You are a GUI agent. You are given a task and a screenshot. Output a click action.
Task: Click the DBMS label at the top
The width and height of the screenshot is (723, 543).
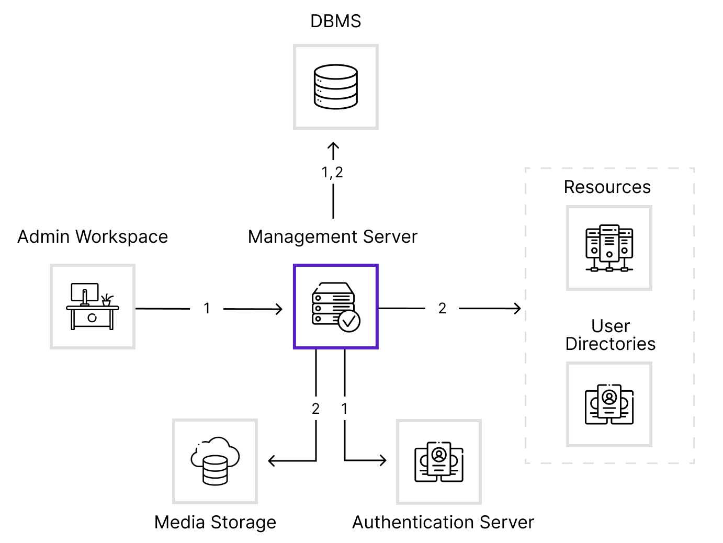pyautogui.click(x=335, y=21)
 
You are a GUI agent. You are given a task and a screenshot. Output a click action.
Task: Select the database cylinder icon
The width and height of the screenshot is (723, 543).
pyautogui.click(x=336, y=87)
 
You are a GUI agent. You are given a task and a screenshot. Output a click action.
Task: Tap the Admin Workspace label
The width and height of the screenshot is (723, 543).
pyautogui.click(x=93, y=237)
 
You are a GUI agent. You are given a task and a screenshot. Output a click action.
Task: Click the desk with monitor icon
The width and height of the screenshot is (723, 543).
pyautogui.click(x=93, y=306)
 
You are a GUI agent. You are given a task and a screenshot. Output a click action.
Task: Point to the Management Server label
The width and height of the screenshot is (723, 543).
pyautogui.click(x=333, y=237)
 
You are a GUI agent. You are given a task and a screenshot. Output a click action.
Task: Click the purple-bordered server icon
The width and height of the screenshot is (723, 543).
pyautogui.click(x=336, y=307)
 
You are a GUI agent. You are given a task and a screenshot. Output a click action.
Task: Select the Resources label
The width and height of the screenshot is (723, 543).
pyautogui.click(x=607, y=187)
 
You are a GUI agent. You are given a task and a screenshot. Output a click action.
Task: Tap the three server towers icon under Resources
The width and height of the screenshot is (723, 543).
pyautogui.click(x=609, y=248)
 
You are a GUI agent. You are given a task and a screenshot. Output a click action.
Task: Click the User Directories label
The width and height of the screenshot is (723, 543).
pyautogui.click(x=611, y=335)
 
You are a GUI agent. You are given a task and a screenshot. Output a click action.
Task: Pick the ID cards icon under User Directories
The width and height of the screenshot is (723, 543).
pyautogui.click(x=609, y=404)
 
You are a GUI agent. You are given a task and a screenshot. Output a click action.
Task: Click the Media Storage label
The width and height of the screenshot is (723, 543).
pyautogui.click(x=215, y=522)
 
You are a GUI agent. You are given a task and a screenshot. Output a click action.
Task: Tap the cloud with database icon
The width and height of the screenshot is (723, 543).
pyautogui.click(x=215, y=461)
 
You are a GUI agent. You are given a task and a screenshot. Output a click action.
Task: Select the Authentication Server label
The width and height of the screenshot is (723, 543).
pyautogui.click(x=443, y=522)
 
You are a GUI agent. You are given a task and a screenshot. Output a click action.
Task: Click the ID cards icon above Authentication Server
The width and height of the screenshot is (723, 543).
pyautogui.click(x=439, y=462)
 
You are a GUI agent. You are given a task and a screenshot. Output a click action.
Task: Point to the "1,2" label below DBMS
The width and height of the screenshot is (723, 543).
pyautogui.click(x=332, y=173)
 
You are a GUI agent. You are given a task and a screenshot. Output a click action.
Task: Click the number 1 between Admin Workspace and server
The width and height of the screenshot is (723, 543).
pyautogui.click(x=207, y=309)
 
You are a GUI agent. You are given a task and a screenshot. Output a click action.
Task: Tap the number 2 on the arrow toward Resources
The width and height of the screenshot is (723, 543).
pyautogui.click(x=442, y=309)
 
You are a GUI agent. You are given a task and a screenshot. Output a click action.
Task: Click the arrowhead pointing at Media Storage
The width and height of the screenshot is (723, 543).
pyautogui.click(x=272, y=461)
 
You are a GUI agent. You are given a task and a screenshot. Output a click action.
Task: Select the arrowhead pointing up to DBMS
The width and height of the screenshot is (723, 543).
pyautogui.click(x=333, y=146)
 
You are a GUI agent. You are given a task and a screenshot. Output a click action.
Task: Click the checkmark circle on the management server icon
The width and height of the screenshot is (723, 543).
pyautogui.click(x=349, y=321)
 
